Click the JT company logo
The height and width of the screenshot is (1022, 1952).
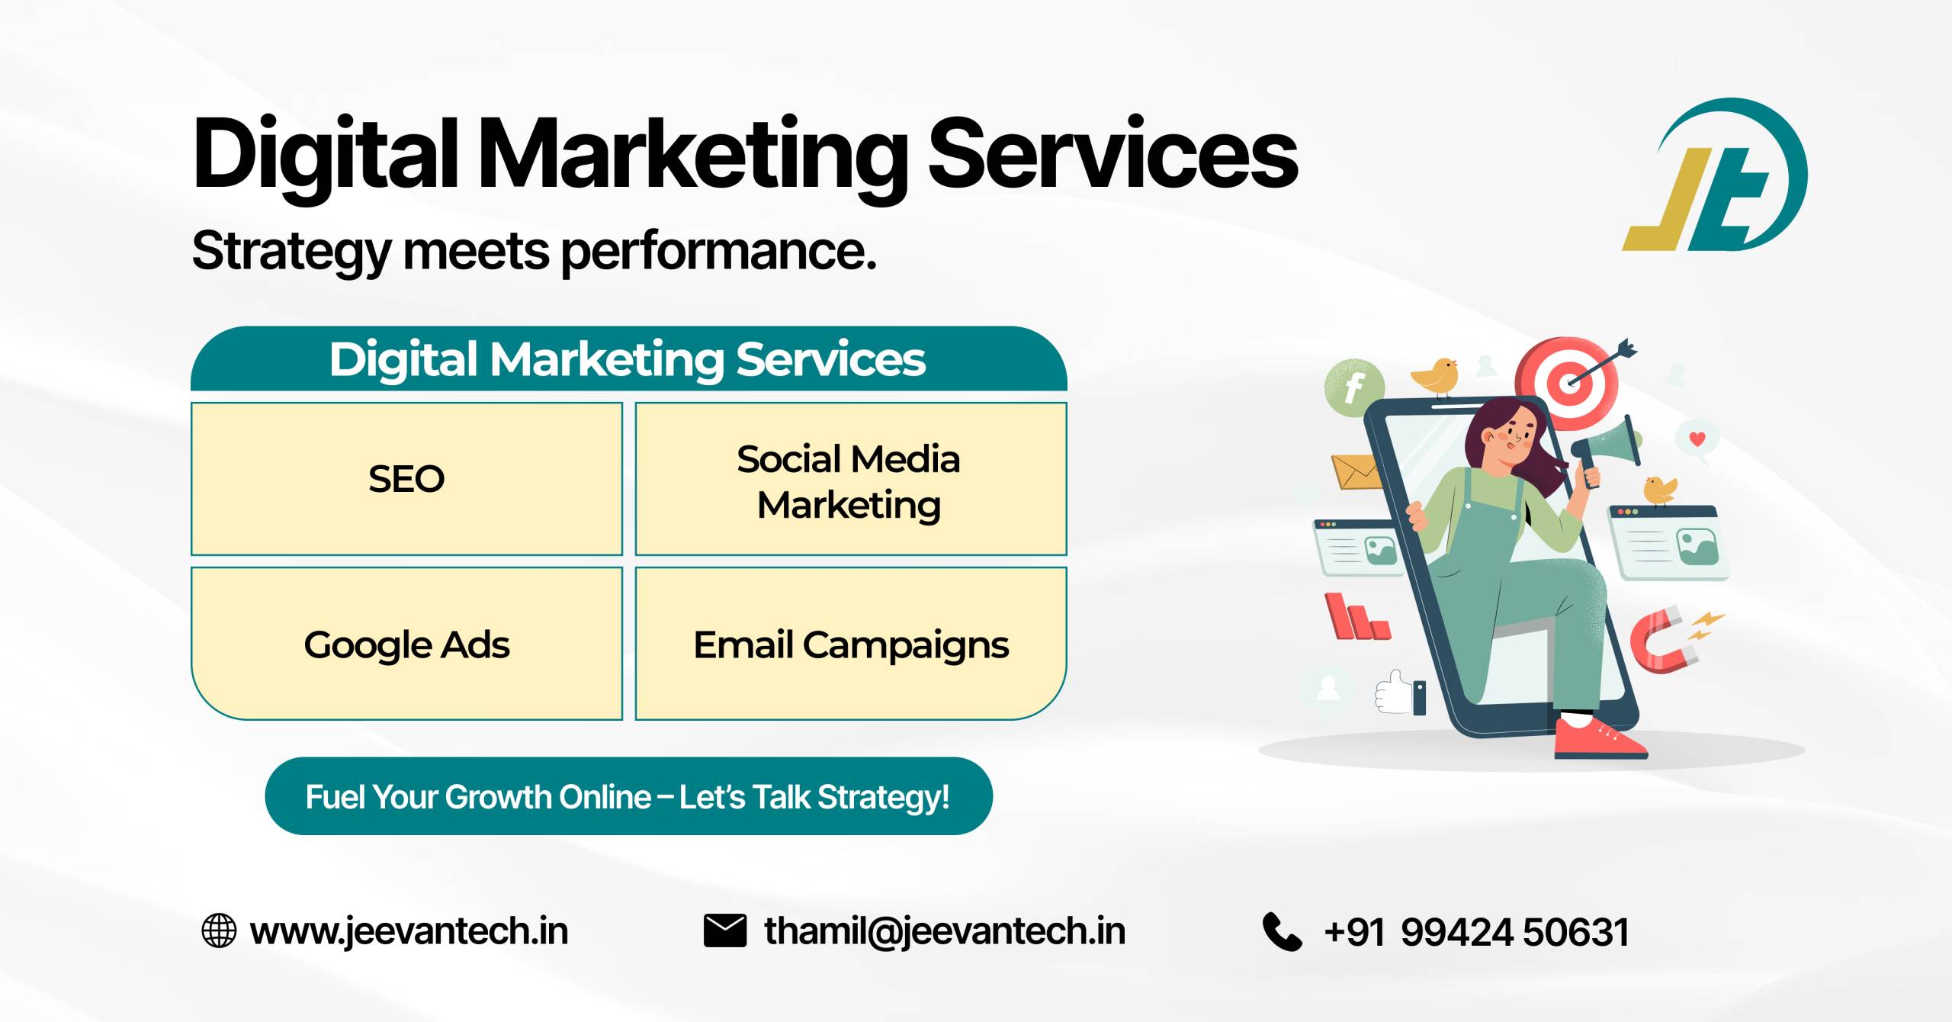pyautogui.click(x=1716, y=175)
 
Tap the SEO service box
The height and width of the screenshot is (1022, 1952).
pyautogui.click(x=406, y=479)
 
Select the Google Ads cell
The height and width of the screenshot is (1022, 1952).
pyautogui.click(x=406, y=644)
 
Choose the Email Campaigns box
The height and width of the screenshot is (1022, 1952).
pyautogui.click(x=851, y=644)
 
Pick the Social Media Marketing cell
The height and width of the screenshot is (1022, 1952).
pyautogui.click(x=851, y=479)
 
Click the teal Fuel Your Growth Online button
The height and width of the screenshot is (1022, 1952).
pyautogui.click(x=628, y=796)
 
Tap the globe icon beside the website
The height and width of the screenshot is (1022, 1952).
pyautogui.click(x=219, y=931)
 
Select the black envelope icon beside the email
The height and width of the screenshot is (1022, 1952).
pyautogui.click(x=725, y=930)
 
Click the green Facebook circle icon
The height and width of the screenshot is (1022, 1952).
pyautogui.click(x=1354, y=387)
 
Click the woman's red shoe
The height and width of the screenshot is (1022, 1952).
pyautogui.click(x=1598, y=738)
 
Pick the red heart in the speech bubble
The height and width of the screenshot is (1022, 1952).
pyautogui.click(x=1697, y=439)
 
